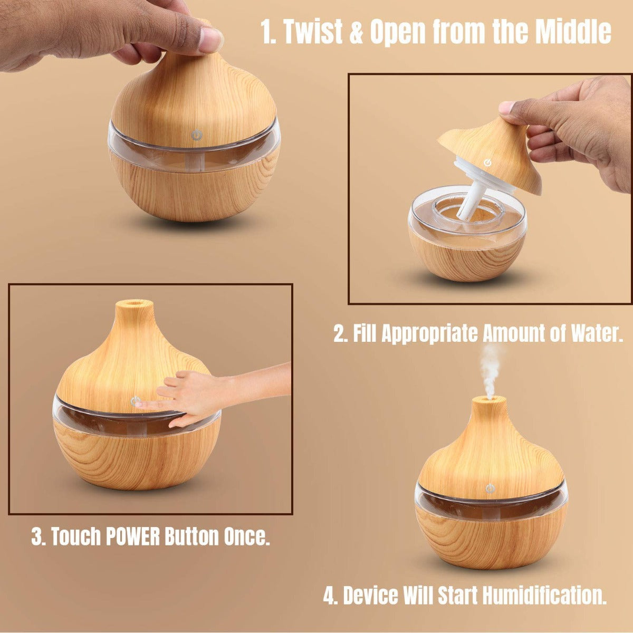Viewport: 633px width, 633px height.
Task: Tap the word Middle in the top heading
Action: (x=573, y=33)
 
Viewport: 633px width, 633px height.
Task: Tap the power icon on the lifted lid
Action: (x=488, y=162)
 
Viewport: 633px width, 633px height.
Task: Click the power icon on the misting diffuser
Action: (x=491, y=488)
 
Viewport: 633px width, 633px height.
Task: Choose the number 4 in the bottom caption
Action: (x=330, y=596)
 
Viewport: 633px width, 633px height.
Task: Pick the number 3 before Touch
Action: (x=37, y=536)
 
